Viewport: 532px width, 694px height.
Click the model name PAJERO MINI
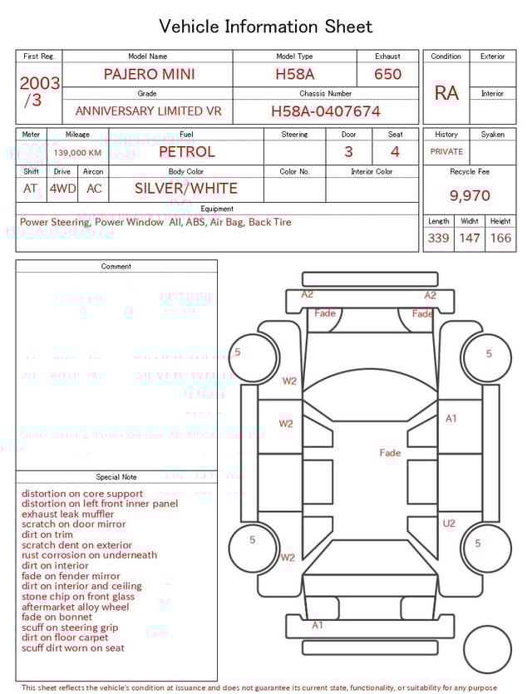(149, 74)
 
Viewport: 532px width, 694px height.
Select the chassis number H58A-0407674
(326, 111)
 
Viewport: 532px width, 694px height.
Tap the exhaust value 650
(387, 74)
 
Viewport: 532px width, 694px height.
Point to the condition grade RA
(446, 93)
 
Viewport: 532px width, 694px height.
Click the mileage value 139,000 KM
(77, 153)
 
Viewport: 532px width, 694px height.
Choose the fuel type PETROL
(186, 152)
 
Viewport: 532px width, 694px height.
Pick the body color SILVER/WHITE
(186, 189)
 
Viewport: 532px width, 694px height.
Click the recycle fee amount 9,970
(470, 196)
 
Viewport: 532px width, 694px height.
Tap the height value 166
(500, 239)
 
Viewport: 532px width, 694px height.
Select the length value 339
(438, 239)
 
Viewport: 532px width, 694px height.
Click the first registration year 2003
(39, 84)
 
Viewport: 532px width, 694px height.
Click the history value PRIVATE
(446, 152)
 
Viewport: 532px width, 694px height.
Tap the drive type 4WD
(62, 189)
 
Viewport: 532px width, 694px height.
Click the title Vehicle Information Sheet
(266, 27)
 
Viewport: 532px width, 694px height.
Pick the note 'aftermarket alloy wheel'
(76, 608)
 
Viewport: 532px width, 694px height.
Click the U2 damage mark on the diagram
(449, 524)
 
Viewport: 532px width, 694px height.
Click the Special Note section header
(116, 477)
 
